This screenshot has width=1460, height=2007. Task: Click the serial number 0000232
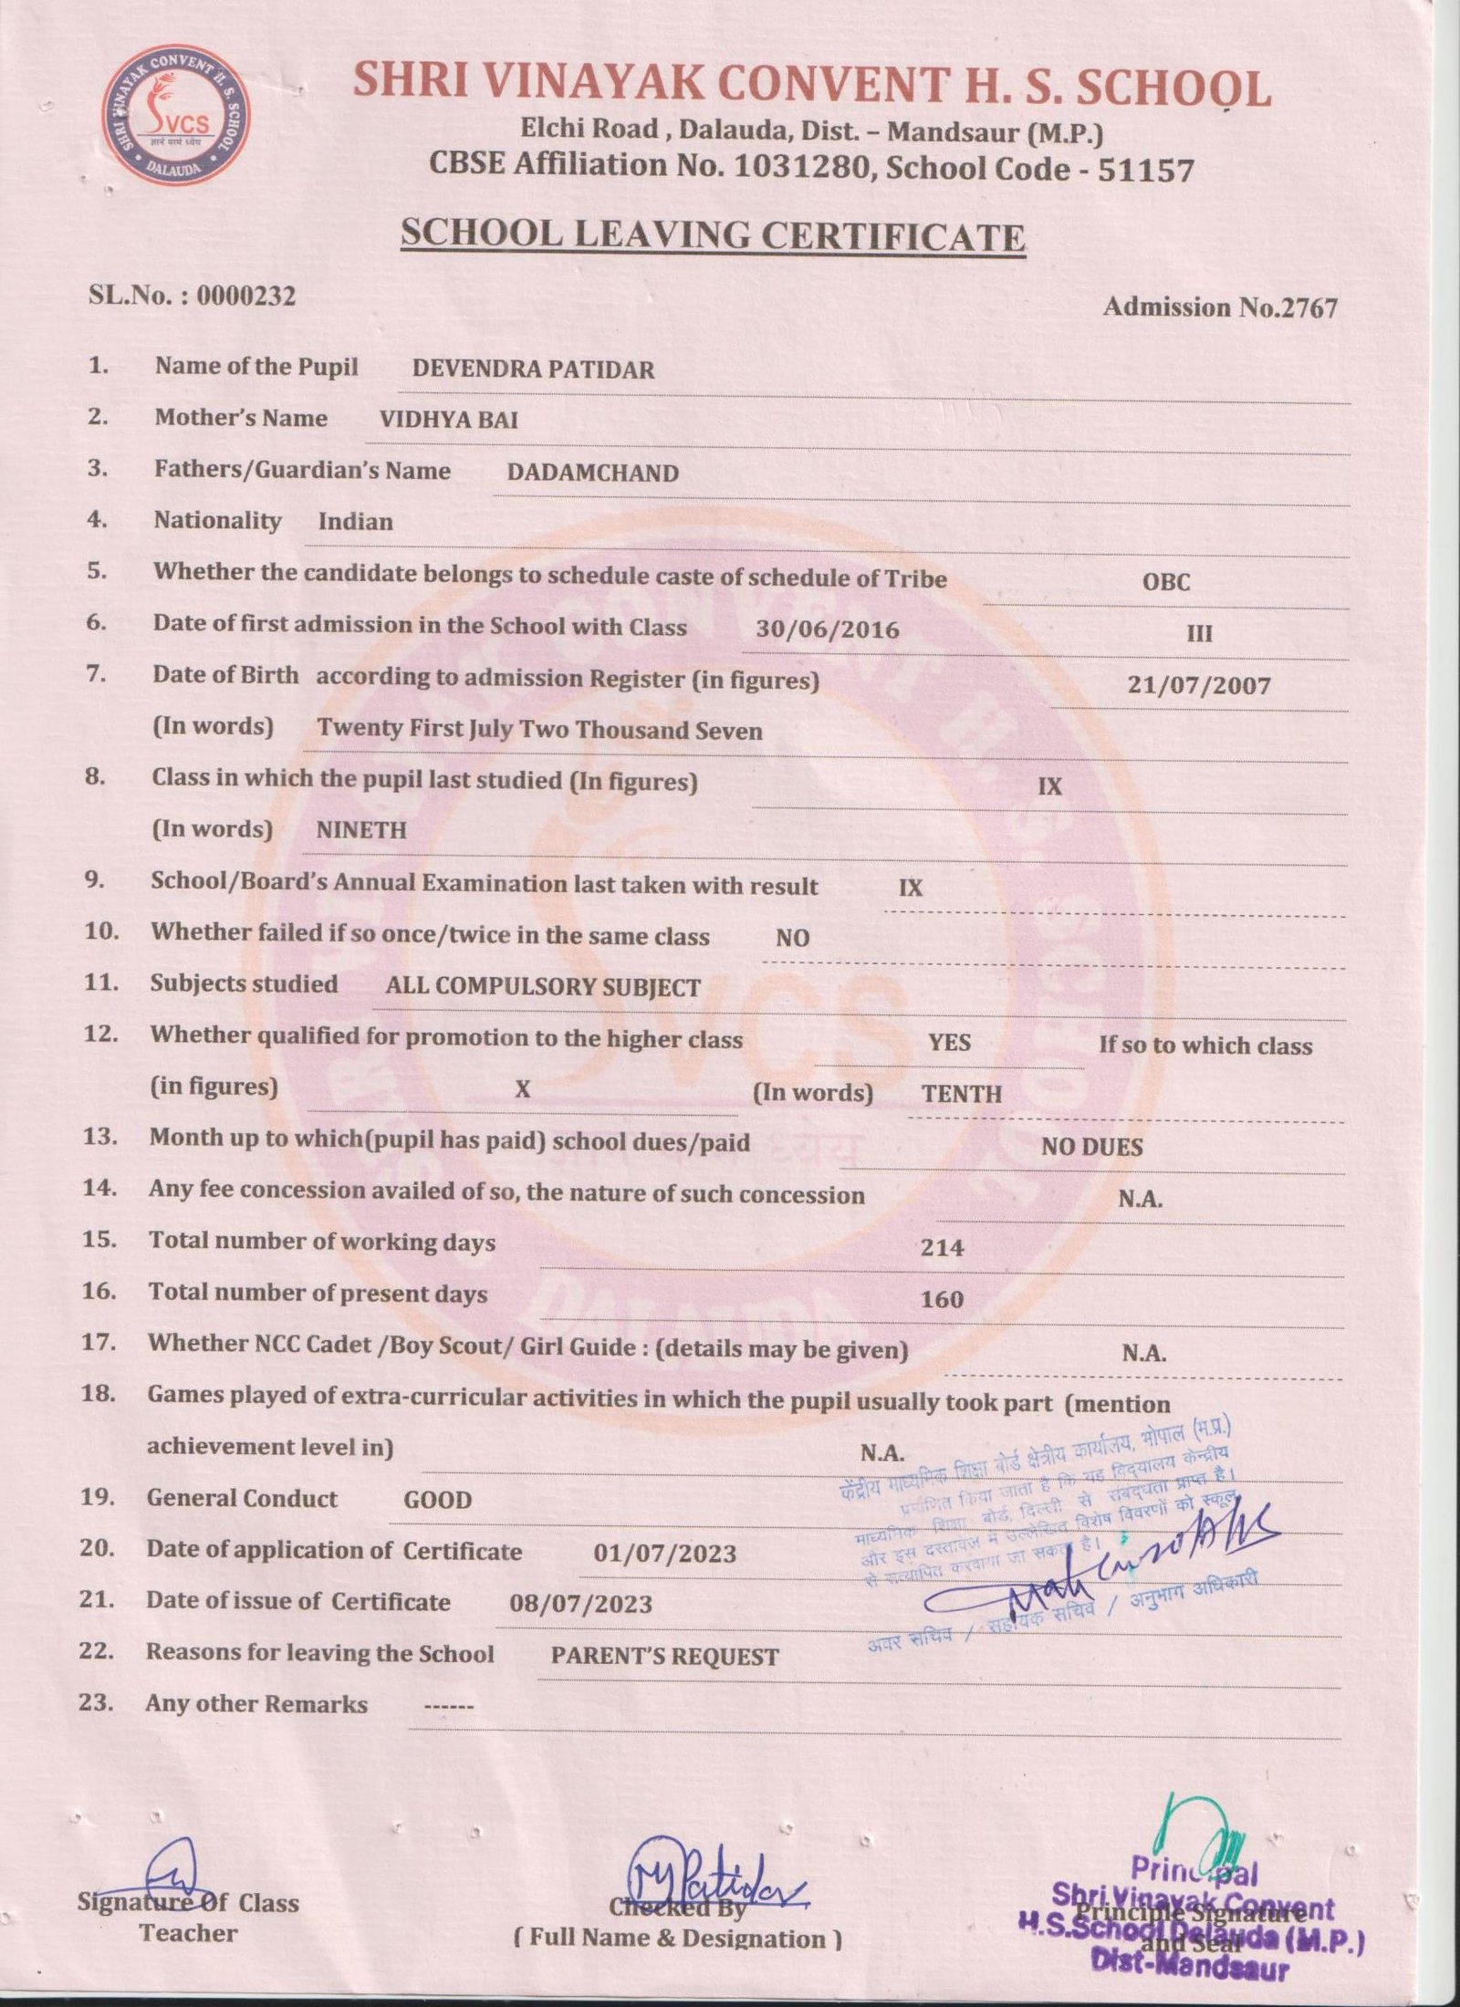[x=245, y=296]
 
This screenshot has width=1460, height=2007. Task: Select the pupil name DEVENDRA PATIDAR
[x=533, y=369]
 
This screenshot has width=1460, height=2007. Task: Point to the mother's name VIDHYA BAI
[x=448, y=420]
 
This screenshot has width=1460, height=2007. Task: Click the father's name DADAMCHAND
[x=592, y=473]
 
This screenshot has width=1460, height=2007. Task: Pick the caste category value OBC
[x=1166, y=582]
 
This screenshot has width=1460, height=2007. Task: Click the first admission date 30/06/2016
[x=827, y=629]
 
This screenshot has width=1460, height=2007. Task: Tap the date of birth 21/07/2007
[x=1198, y=685]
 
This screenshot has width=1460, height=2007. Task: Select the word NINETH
[x=360, y=830]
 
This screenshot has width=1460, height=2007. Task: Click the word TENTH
[x=961, y=1094]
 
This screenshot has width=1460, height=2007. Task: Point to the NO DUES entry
[x=1091, y=1147]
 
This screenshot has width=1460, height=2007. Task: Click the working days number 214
[x=942, y=1247]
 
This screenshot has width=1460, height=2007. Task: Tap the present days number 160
[x=942, y=1298]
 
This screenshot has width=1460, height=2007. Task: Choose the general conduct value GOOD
[x=437, y=1500]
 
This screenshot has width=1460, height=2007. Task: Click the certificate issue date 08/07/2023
[x=580, y=1604]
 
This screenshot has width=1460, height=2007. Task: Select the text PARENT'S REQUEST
[x=664, y=1657]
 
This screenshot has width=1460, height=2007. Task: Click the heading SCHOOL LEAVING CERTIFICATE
[x=713, y=234]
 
